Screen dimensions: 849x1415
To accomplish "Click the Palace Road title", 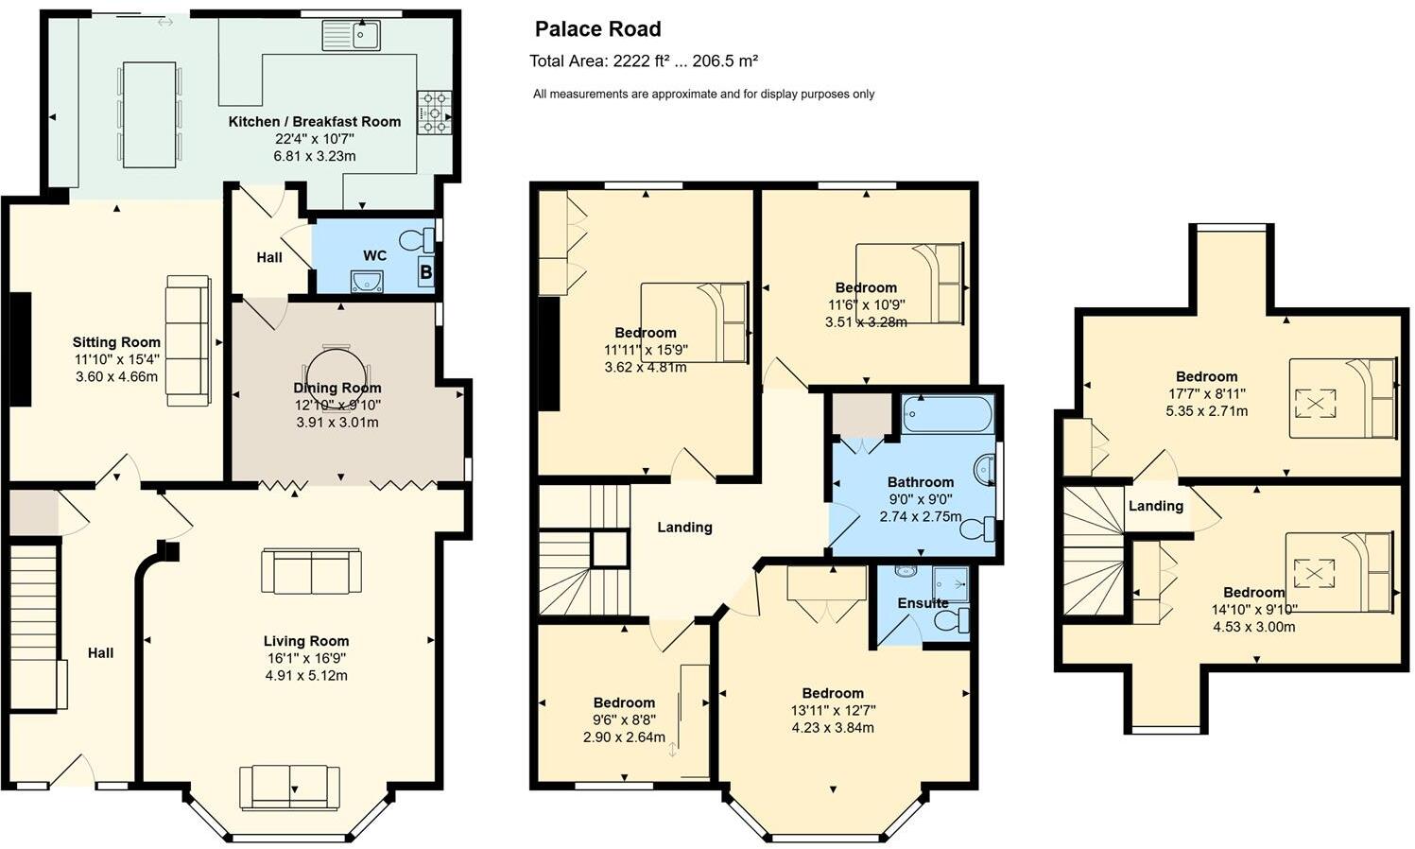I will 597,29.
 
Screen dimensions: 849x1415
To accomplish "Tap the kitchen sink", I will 351,36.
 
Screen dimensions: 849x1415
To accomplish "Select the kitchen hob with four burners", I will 434,113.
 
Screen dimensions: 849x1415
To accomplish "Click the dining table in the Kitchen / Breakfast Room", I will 149,114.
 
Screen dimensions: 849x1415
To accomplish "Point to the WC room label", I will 374,255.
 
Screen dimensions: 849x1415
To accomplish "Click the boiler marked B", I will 426,272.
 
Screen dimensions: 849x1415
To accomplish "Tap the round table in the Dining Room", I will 336,376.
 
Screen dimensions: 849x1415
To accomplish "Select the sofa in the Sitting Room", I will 188,340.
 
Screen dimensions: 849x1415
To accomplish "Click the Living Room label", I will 306,641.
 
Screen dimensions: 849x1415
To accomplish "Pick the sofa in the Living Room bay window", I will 289,787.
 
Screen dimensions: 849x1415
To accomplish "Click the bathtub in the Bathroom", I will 948,414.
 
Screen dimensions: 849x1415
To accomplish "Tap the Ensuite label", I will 923,603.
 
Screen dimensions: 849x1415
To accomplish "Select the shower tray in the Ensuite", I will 950,584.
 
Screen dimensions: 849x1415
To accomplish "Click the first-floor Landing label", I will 684,528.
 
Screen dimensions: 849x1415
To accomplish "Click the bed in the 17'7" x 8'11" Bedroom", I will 1342,398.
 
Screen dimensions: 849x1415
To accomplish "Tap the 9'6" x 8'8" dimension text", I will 624,719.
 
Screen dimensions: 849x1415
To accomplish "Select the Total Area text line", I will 643,61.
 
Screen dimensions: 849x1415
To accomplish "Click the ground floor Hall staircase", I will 34,624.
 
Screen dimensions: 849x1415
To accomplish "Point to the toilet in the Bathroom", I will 978,528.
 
